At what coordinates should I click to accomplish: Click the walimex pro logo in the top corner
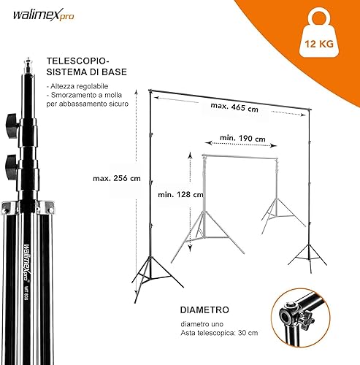coord(43,15)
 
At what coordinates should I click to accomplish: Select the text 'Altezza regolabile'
coord(80,86)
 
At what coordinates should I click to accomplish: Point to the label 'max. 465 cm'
coord(234,107)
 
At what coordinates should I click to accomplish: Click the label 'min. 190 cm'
coord(242,138)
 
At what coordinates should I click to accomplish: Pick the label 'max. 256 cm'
coord(117,178)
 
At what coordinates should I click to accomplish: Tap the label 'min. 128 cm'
coord(180,194)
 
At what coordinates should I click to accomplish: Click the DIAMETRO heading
coord(204,310)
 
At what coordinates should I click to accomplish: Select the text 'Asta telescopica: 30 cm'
coord(219,333)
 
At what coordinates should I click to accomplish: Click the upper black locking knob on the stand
coord(12,126)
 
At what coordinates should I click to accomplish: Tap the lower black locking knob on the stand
coord(12,167)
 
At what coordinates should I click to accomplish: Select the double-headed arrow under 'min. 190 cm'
coord(241,145)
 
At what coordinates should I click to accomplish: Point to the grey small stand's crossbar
coord(240,157)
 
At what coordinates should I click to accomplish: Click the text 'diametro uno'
coord(202,324)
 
